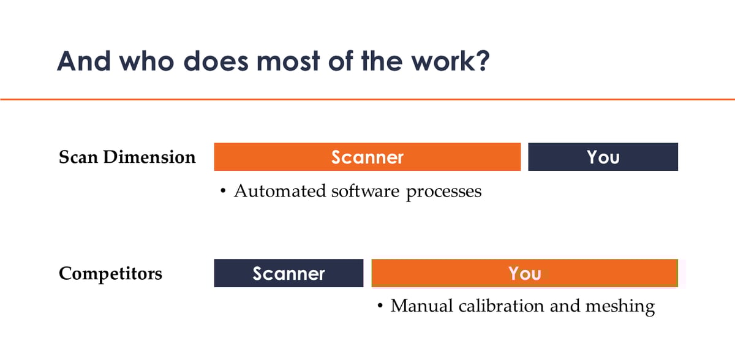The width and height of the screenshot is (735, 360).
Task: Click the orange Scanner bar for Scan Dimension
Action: (367, 157)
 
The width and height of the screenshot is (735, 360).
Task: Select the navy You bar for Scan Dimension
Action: (603, 157)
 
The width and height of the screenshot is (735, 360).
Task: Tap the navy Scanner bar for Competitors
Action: (288, 273)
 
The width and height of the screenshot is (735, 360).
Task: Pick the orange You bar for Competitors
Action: (525, 273)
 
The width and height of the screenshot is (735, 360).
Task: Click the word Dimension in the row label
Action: (149, 157)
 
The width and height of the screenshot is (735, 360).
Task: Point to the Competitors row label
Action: (110, 274)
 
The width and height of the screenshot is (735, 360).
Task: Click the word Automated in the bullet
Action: (280, 191)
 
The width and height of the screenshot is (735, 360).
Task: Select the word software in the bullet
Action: (365, 191)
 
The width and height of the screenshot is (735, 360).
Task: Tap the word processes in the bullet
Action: (443, 192)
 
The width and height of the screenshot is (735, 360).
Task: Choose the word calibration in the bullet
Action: (501, 306)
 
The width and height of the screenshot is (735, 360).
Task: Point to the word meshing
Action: (620, 307)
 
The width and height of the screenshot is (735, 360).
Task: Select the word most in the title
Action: (288, 62)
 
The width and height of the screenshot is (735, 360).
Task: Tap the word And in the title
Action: (84, 61)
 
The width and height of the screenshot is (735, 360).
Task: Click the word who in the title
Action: (146, 61)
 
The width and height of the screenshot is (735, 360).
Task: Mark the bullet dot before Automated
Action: (223, 190)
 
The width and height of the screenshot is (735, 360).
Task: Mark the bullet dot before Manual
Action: (380, 306)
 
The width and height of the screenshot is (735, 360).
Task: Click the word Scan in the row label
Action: (78, 157)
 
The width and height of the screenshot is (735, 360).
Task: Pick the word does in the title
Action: (216, 61)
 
